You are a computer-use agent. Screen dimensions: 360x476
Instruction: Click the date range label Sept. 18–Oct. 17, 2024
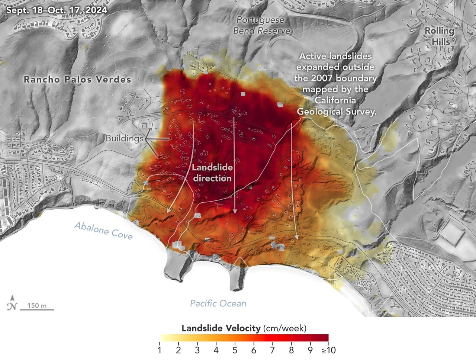pos(57,10)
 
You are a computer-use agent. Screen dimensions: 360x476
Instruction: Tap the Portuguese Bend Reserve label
pos(261,25)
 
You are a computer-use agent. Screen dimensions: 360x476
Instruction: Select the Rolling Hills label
pos(440,36)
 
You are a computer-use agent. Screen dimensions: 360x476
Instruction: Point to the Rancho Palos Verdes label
pos(77,79)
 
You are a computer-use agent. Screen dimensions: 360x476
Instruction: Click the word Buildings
pos(124,139)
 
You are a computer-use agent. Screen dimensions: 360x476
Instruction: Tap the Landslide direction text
pos(212,173)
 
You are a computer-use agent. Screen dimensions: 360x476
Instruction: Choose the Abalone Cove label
pos(103,231)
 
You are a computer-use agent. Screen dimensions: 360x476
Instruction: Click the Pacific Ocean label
pos(218,303)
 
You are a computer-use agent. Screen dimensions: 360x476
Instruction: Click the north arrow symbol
pos(12,303)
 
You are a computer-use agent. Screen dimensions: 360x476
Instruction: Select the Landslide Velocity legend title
pos(244,328)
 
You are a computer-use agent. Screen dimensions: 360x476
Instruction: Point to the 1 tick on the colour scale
pos(159,350)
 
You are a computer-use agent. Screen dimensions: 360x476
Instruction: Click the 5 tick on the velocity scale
pos(235,350)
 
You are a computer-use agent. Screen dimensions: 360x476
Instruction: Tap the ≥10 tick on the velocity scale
pos(328,350)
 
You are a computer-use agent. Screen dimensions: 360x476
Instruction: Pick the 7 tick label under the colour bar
pos(272,350)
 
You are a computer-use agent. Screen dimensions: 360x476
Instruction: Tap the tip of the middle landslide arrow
pos(235,213)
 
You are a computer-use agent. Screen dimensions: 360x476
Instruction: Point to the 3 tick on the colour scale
pos(197,350)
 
